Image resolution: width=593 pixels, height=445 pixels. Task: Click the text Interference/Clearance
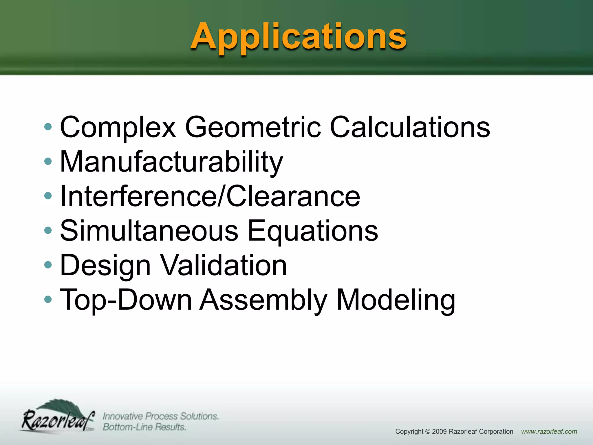coord(210,196)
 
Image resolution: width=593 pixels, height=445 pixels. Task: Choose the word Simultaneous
coord(149,231)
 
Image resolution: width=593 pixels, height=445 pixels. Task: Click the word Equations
coord(313,231)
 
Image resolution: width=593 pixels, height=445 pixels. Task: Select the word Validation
coord(223,265)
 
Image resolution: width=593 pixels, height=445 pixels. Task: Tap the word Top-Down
coord(126,300)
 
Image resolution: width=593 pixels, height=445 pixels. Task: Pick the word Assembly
coord(263,300)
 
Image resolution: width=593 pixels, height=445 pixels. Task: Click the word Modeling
coord(396,300)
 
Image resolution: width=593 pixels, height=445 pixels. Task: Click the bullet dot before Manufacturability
coord(48,161)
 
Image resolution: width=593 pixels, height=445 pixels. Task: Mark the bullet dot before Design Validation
coord(48,265)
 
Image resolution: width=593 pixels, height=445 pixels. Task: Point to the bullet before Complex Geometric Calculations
coord(48,127)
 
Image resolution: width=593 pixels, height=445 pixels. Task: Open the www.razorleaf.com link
coord(549,432)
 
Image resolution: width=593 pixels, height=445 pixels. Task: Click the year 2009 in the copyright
coord(440,432)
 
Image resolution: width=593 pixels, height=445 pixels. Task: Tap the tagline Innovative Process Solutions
coord(161,416)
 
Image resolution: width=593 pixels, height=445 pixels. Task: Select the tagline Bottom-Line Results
coord(144,427)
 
